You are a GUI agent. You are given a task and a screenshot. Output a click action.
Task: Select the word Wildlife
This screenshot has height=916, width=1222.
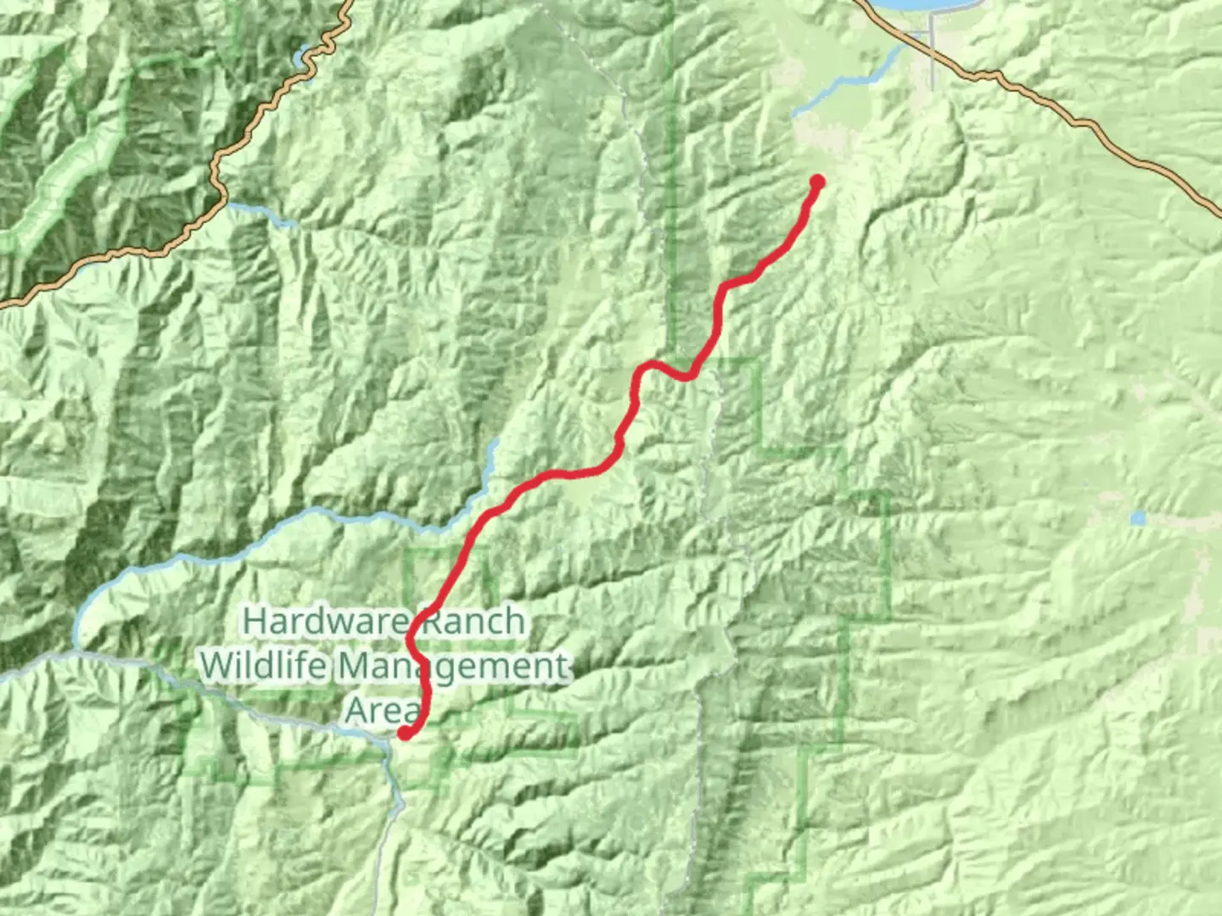[x=264, y=666]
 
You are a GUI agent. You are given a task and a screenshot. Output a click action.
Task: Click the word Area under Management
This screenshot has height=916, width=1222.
[x=382, y=710]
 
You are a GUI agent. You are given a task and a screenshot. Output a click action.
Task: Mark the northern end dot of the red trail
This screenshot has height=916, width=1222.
[x=818, y=181]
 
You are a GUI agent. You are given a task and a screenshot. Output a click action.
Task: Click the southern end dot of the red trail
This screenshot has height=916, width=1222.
[x=406, y=734]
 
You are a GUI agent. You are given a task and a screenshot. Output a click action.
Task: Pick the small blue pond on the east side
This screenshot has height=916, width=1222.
[x=1137, y=517]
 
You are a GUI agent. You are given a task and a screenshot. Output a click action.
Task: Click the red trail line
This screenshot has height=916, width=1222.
[x=543, y=480]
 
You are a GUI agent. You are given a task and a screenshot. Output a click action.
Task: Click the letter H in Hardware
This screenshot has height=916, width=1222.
[x=254, y=622]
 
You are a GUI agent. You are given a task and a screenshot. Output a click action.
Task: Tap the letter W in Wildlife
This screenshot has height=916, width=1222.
[x=219, y=666]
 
